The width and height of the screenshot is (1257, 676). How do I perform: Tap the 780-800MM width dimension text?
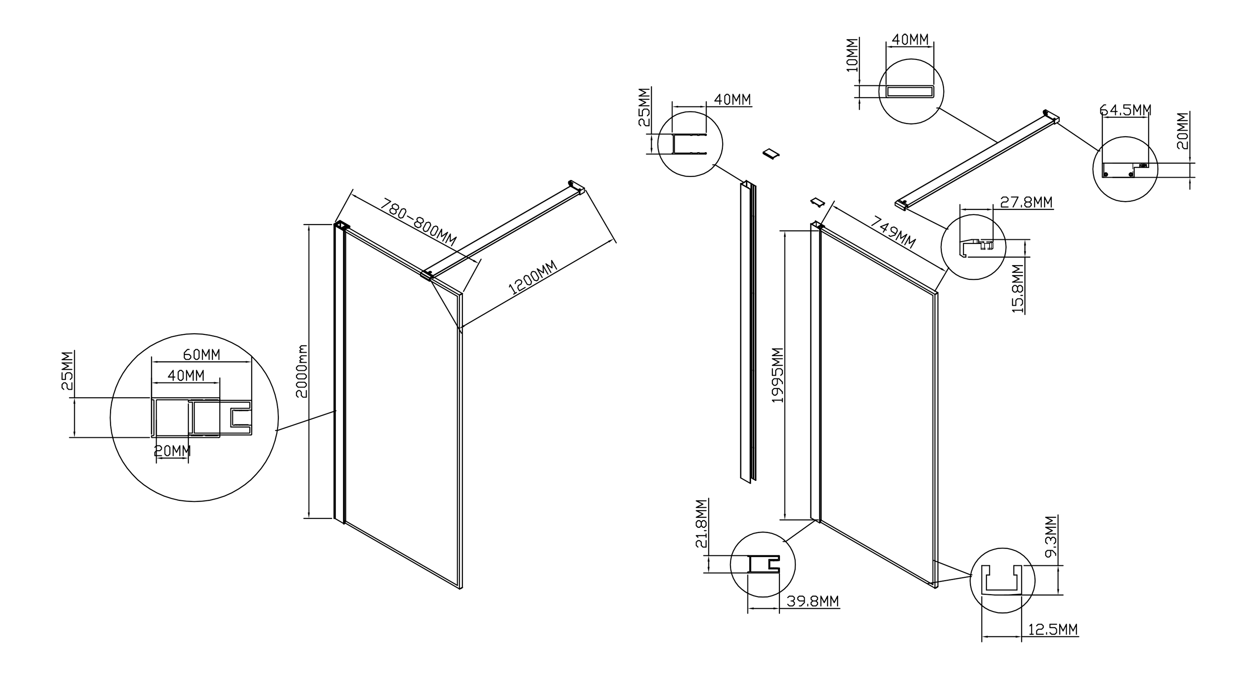pos(418,222)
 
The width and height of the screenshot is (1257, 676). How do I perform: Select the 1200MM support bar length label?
pos(533,278)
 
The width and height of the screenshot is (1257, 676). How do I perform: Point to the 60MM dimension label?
pos(201,355)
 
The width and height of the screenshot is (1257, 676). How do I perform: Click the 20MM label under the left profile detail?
pos(172,451)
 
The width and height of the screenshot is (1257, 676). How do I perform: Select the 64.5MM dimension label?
pos(1125,110)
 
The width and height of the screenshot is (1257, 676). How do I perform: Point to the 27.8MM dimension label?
pos(1026,202)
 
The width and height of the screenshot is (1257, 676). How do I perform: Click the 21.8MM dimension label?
pos(701,524)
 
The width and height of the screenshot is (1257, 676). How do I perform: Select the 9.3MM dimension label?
pos(1051,536)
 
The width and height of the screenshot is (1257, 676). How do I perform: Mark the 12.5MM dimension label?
pos(1053,629)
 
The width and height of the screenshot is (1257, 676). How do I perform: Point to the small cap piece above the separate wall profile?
pos(771,153)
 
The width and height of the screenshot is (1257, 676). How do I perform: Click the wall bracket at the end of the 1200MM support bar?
pos(576,187)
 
